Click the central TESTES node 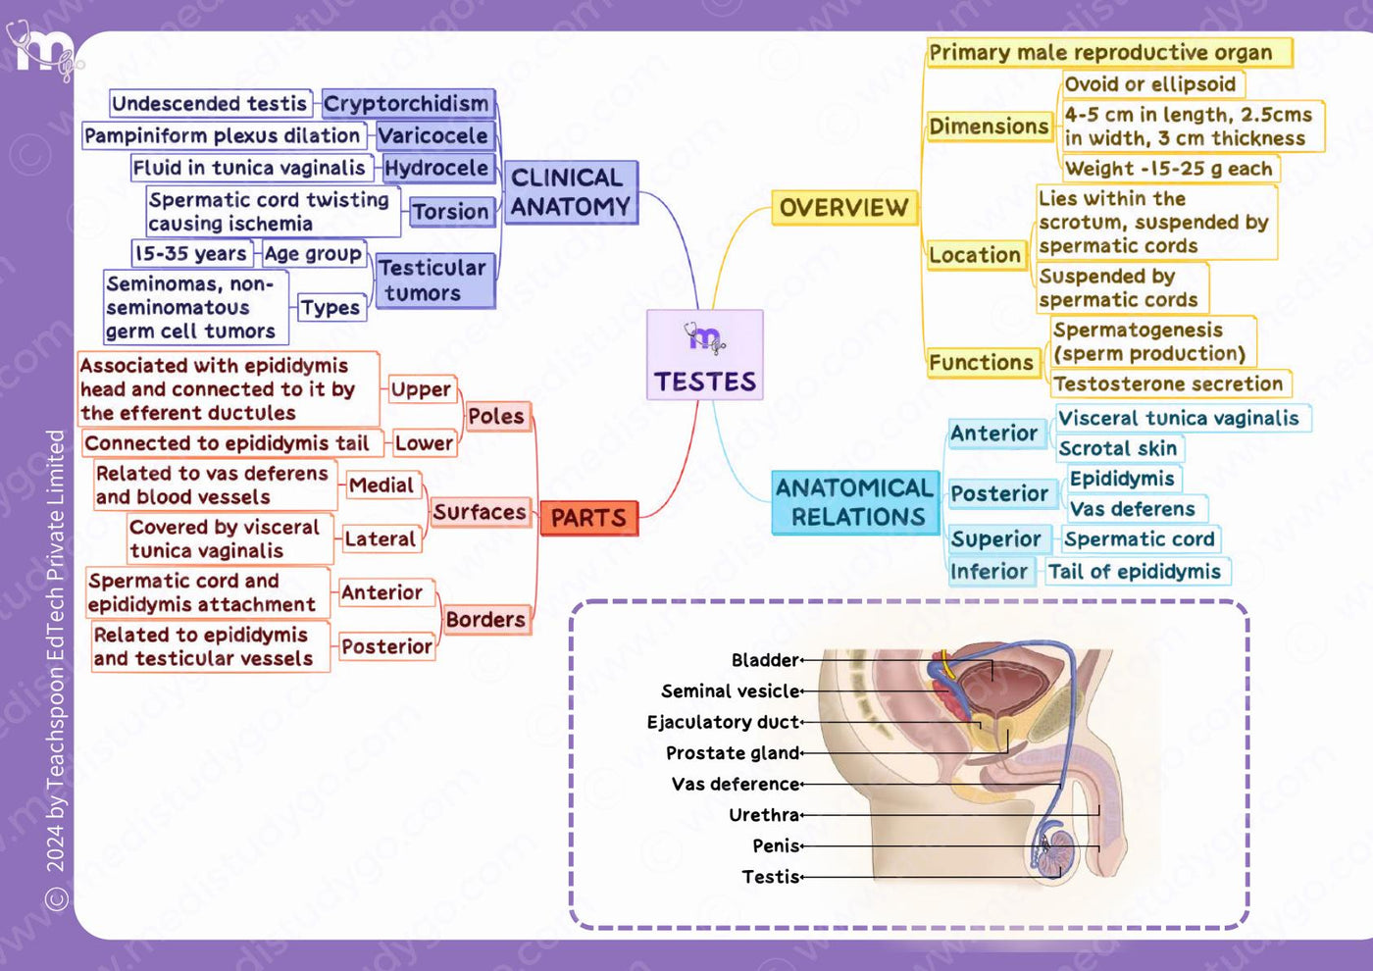(705, 355)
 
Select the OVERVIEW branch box (844, 207)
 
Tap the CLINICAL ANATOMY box (570, 192)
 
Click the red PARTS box (588, 518)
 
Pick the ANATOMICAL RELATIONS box (855, 502)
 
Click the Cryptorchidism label (408, 104)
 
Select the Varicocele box (434, 135)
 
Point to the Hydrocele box (438, 168)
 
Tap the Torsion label (452, 212)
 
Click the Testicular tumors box (434, 281)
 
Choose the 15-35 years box (191, 253)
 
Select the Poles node (496, 416)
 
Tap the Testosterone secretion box (1169, 383)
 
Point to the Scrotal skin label (1119, 448)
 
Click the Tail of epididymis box (1136, 571)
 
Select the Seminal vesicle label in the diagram (731, 691)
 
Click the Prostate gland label (734, 753)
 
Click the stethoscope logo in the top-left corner (43, 50)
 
